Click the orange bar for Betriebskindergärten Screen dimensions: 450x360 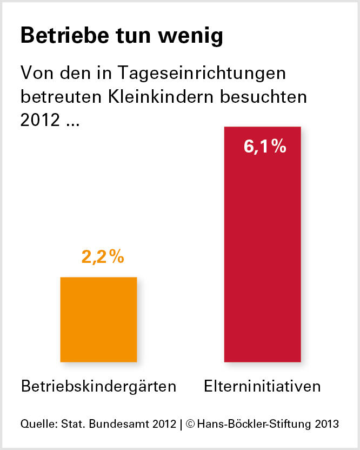98,319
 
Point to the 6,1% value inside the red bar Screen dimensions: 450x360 265,147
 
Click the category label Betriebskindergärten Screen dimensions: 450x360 99,387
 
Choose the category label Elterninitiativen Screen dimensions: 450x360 262,387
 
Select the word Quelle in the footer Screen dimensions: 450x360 36,424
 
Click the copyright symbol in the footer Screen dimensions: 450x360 190,424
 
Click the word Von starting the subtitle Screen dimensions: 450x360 36,73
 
